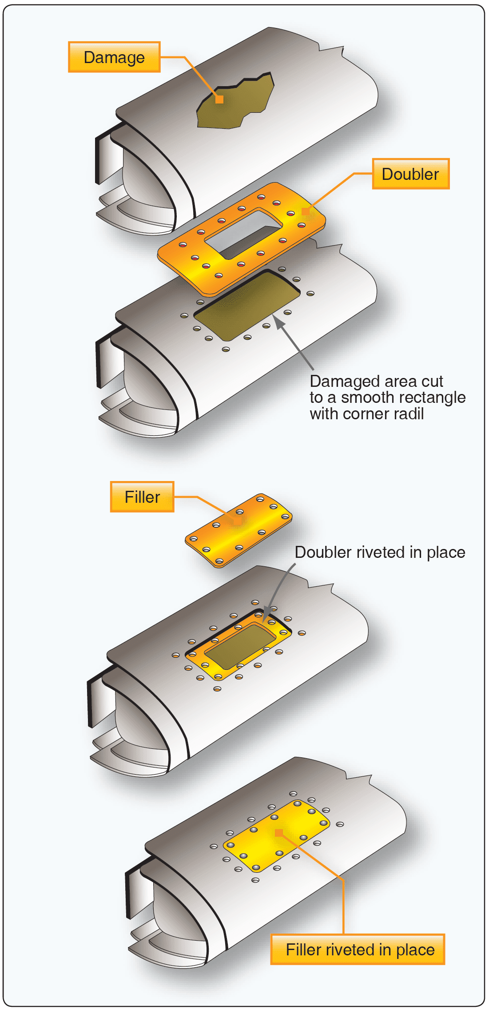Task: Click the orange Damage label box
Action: [114, 57]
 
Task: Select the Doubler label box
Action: [410, 174]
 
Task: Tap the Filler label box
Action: [142, 497]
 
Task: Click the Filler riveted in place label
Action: [360, 950]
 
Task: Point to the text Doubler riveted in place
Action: [380, 552]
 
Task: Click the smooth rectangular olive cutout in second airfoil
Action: [246, 306]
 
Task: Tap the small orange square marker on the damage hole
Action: [219, 99]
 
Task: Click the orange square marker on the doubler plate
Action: [306, 211]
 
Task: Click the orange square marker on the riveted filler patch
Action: [279, 832]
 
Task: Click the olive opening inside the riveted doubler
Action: [240, 647]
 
